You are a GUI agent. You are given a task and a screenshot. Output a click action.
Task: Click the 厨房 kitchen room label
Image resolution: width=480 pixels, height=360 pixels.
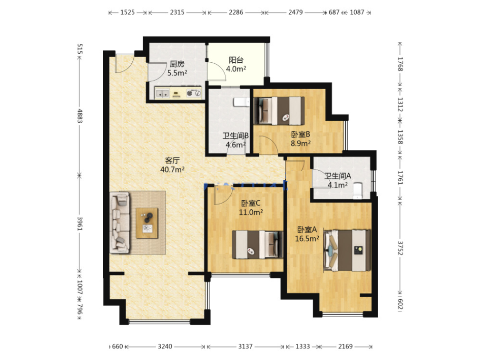[x=177, y=64]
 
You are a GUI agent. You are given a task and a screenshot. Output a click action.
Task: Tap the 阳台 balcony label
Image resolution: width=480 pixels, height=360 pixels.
[x=236, y=60]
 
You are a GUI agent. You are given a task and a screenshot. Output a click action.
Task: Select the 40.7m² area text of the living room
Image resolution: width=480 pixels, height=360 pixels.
[x=172, y=169]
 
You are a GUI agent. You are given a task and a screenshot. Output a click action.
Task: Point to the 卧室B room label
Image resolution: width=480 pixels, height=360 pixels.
[x=301, y=135]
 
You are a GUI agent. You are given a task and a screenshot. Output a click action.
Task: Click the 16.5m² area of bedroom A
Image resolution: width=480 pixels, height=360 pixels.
[x=307, y=238]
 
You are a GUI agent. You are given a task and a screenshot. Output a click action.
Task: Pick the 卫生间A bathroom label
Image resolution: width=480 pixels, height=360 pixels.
[x=338, y=176]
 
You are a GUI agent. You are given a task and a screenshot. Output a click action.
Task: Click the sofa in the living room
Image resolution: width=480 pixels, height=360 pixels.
[x=120, y=223]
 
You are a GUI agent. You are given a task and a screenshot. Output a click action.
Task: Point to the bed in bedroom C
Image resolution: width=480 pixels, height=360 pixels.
[x=257, y=244]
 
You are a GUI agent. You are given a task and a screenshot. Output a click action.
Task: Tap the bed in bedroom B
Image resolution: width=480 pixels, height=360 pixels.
[x=279, y=111]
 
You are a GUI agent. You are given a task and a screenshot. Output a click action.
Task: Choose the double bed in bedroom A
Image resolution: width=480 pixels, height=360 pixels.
[x=347, y=251]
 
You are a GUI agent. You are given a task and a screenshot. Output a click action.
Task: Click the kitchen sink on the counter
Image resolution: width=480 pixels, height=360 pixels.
[x=163, y=93]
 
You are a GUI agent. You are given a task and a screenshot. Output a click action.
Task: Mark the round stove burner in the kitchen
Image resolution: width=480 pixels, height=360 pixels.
[x=190, y=94]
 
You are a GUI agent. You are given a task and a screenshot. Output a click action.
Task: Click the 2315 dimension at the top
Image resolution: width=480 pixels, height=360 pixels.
[x=177, y=12]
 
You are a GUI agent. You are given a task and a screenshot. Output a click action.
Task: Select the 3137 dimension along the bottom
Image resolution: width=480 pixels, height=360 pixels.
[x=245, y=347]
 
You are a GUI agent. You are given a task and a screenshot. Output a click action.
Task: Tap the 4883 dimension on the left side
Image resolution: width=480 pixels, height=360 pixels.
[x=79, y=116]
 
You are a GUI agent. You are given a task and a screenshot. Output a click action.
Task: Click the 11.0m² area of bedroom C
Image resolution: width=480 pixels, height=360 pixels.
[x=251, y=212]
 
